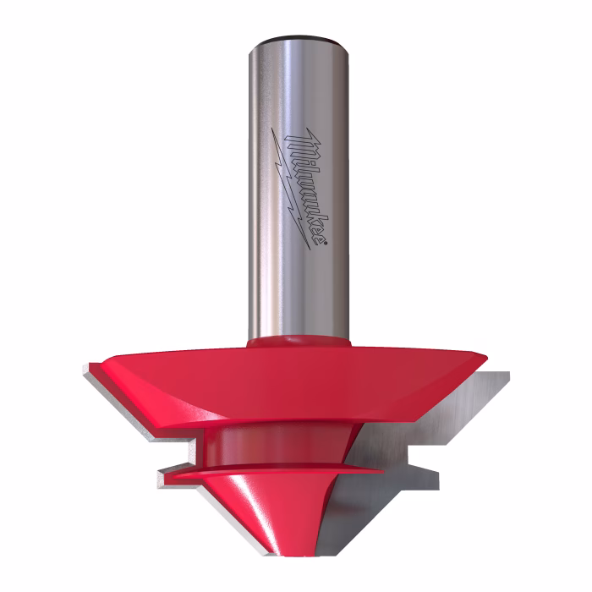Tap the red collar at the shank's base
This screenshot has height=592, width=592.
pos(299,341)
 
